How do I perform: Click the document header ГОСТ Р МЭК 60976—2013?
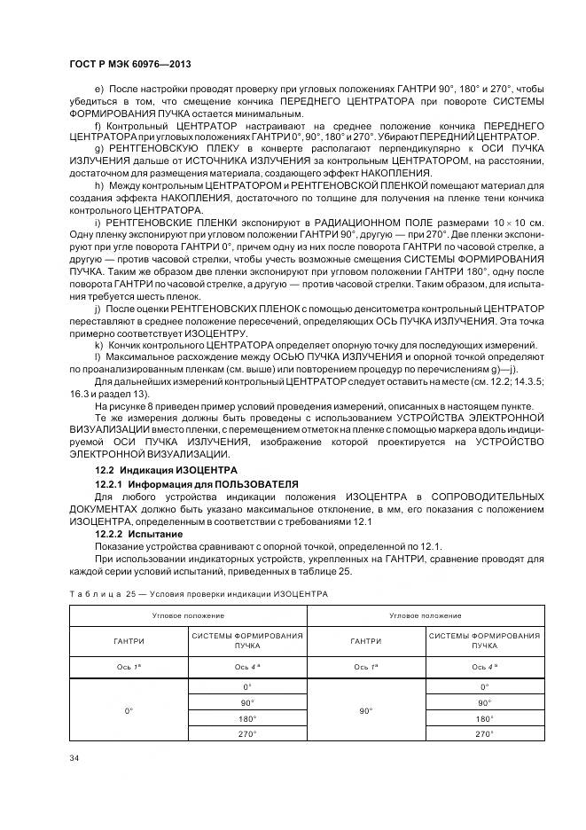click(x=130, y=66)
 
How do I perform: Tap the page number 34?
click(x=74, y=757)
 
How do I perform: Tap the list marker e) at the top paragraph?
click(x=98, y=90)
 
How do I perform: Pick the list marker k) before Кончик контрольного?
click(x=98, y=344)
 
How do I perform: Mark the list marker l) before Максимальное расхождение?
click(x=98, y=356)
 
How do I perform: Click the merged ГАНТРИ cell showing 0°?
click(x=128, y=710)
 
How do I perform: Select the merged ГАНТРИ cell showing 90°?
click(x=365, y=710)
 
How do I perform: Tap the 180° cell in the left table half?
click(x=247, y=718)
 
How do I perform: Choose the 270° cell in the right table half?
click(x=484, y=734)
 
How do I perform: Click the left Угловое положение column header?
click(x=188, y=614)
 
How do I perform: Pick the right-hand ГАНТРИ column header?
click(x=365, y=641)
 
